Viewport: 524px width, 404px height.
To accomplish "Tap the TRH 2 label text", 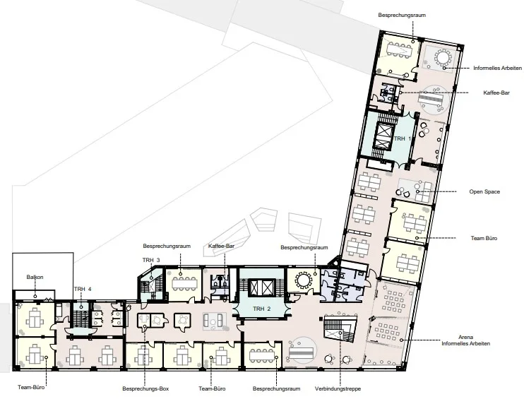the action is (x=262, y=309).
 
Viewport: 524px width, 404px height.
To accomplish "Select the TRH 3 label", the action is (x=151, y=260).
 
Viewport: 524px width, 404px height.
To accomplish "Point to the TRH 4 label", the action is (x=83, y=289).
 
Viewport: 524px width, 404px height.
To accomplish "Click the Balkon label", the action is (x=35, y=277).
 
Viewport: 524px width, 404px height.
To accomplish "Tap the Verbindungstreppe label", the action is (x=338, y=388).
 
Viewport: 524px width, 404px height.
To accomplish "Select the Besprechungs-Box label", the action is (x=145, y=388).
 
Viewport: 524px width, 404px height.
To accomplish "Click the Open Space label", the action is (x=484, y=192).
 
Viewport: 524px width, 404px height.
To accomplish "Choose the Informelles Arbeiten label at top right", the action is (x=498, y=69).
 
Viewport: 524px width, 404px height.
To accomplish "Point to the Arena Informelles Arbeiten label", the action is (x=466, y=340).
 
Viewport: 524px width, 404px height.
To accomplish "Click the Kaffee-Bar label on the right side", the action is (x=496, y=93).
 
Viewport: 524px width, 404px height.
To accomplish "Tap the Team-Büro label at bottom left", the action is (x=31, y=387).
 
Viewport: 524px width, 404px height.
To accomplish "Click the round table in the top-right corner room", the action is (x=443, y=58).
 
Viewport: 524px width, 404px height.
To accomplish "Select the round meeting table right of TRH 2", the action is (x=304, y=280).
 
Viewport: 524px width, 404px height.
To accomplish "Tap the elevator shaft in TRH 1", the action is (x=383, y=136).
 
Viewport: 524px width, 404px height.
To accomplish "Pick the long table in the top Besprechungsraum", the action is (x=400, y=49).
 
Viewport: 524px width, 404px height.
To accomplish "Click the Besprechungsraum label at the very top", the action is (x=402, y=15).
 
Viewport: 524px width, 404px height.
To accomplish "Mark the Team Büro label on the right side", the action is (x=484, y=238).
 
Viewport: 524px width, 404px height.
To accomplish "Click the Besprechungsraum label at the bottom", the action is (x=276, y=388).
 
